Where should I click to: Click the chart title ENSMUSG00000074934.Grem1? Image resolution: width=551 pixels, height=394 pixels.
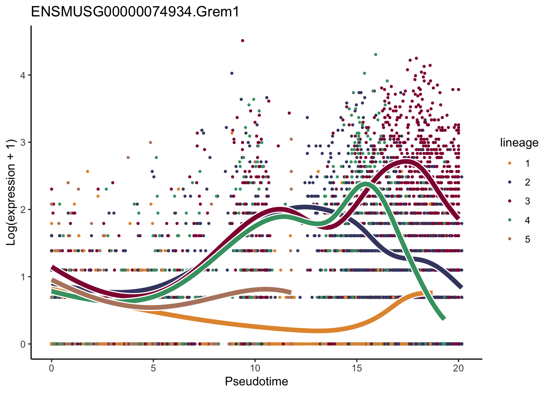coord(135,12)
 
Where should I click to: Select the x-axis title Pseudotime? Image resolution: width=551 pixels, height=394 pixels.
coord(256,382)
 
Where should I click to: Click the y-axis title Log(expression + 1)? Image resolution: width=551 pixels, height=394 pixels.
coord(11,192)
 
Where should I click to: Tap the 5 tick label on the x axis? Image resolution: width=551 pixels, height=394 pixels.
coord(153,368)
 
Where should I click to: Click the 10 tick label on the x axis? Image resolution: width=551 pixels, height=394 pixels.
coord(255,368)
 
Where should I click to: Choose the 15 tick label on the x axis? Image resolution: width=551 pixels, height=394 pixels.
coord(357,368)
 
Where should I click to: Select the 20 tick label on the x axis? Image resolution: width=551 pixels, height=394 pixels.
coord(458,368)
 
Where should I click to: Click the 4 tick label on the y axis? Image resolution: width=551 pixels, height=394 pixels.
coord(23,75)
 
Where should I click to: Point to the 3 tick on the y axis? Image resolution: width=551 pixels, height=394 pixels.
coord(23,142)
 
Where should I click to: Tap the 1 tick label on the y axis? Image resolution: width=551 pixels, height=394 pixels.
coord(23,277)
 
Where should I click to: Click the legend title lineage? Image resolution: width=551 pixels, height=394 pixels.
coord(519,143)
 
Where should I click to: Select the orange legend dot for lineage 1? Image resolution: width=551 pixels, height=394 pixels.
coord(510,163)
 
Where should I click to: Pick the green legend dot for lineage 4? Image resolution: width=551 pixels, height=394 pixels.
coord(510,220)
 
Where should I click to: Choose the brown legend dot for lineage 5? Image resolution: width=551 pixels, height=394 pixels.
coord(510,239)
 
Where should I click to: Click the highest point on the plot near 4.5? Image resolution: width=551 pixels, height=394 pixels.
coord(243,41)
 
